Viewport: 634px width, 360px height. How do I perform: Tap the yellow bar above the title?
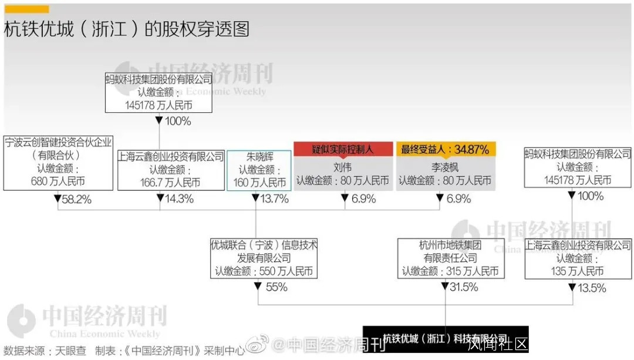pyautogui.click(x=26, y=9)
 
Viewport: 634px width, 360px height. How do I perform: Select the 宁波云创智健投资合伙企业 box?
pyautogui.click(x=58, y=162)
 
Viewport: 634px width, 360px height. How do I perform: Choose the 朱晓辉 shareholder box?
pyautogui.click(x=259, y=170)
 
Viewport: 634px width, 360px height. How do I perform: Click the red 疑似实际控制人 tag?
pyautogui.click(x=343, y=149)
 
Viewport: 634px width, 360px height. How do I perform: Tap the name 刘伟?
pyautogui.click(x=343, y=167)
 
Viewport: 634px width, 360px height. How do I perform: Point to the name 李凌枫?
pyautogui.click(x=445, y=167)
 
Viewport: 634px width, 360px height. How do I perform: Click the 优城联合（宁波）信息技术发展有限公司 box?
pyautogui.click(x=264, y=258)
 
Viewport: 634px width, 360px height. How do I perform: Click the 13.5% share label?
pyautogui.click(x=591, y=288)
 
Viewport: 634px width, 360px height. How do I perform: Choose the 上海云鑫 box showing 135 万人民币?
pyautogui.click(x=578, y=258)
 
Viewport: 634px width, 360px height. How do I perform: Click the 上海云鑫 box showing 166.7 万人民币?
pyautogui.click(x=171, y=170)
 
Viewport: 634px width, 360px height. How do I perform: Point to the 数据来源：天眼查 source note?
pyautogui.click(x=45, y=351)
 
